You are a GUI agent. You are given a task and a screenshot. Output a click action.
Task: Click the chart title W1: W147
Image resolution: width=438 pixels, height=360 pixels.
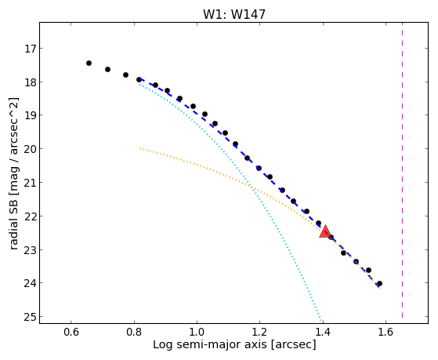pyautogui.click(x=234, y=14)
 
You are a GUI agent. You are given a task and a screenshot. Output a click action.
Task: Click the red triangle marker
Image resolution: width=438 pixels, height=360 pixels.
pyautogui.click(x=325, y=231)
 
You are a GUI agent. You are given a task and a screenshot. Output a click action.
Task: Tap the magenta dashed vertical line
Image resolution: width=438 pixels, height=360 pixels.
pyautogui.click(x=402, y=170)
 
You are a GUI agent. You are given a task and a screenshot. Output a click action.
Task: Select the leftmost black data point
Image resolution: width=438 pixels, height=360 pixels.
pyautogui.click(x=89, y=63)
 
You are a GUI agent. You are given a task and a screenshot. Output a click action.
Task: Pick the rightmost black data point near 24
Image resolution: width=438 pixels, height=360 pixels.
pyautogui.click(x=379, y=283)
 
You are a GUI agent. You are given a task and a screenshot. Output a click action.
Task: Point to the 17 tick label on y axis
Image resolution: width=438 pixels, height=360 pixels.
pyautogui.click(x=31, y=49)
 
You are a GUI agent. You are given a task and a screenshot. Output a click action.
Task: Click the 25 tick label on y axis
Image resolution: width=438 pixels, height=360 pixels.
pyautogui.click(x=31, y=317)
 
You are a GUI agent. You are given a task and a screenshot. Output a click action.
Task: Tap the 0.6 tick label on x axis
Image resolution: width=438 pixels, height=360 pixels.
pyautogui.click(x=71, y=332)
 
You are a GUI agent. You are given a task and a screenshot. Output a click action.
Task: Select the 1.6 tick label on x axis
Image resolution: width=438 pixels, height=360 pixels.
pyautogui.click(x=386, y=332)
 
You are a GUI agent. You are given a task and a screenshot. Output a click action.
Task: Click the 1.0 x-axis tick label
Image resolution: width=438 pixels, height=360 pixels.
pyautogui.click(x=197, y=332)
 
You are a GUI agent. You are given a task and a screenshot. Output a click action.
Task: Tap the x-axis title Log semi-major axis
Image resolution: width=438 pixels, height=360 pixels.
pyautogui.click(x=209, y=344)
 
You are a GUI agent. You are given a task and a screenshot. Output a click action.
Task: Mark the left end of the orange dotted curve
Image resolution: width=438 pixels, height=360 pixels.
pyautogui.click(x=140, y=148)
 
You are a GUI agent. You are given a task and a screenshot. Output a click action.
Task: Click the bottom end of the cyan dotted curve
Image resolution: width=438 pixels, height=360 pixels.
pyautogui.click(x=321, y=321)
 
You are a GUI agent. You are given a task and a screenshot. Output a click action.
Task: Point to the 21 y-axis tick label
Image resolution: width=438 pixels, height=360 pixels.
pyautogui.click(x=31, y=183)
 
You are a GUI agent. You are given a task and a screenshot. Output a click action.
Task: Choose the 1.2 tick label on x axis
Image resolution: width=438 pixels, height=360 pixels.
pyautogui.click(x=260, y=332)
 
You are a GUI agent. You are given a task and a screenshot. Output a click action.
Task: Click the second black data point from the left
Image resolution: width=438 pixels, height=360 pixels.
pyautogui.click(x=107, y=69)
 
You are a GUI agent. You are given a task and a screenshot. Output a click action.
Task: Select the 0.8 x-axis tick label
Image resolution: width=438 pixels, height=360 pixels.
pyautogui.click(x=134, y=332)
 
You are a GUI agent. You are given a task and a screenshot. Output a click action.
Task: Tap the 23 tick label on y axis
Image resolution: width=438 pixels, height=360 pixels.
pyautogui.click(x=31, y=249)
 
